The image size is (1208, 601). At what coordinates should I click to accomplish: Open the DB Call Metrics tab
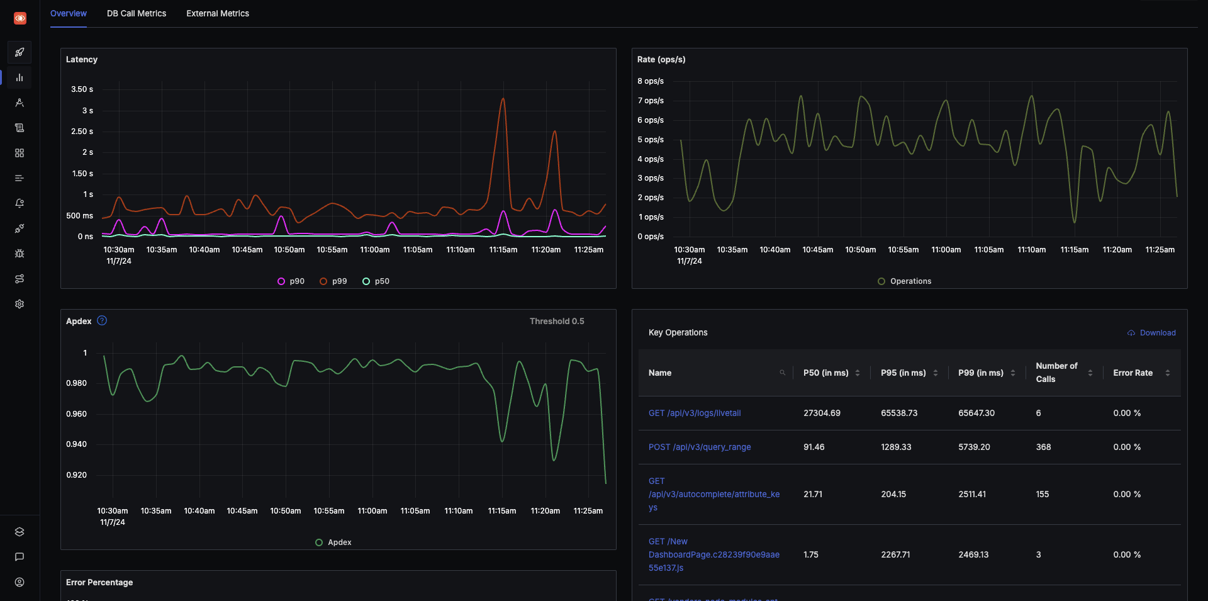137,13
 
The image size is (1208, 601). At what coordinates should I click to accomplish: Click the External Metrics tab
218,13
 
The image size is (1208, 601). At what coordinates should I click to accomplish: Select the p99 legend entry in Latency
333,281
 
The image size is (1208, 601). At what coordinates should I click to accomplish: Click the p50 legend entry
376,281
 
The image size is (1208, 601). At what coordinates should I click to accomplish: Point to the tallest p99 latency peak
503,99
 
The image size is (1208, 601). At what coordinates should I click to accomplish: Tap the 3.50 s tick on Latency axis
82,89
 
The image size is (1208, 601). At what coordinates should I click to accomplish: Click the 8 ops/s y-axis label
651,81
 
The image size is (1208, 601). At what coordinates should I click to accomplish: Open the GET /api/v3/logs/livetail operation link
695,413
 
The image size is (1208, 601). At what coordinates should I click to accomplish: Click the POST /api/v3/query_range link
700,447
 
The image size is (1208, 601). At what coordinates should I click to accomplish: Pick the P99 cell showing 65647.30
976,413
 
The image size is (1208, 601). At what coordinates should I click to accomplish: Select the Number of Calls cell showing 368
1043,447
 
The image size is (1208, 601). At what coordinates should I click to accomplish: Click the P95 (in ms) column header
903,373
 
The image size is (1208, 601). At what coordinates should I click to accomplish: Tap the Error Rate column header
1132,373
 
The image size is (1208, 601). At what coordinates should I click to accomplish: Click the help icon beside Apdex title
102,321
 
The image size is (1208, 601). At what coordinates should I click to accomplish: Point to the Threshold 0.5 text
557,322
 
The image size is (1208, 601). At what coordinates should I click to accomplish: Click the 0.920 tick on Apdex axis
77,475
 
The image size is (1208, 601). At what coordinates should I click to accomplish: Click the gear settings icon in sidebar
20,304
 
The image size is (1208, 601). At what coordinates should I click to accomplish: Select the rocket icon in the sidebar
20,52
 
